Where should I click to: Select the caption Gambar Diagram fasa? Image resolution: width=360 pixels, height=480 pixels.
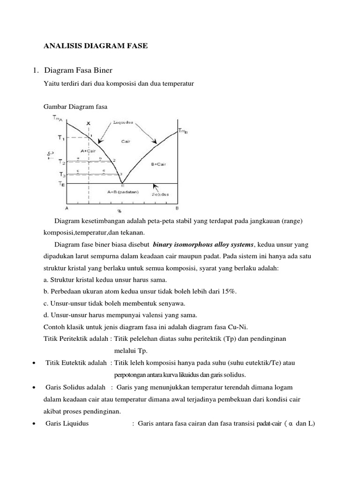click(75, 106)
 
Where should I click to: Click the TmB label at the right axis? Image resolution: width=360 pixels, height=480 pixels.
click(183, 131)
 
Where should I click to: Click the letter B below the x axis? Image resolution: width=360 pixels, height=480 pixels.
click(177, 208)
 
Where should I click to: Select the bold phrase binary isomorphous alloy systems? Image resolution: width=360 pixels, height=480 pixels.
click(203, 245)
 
